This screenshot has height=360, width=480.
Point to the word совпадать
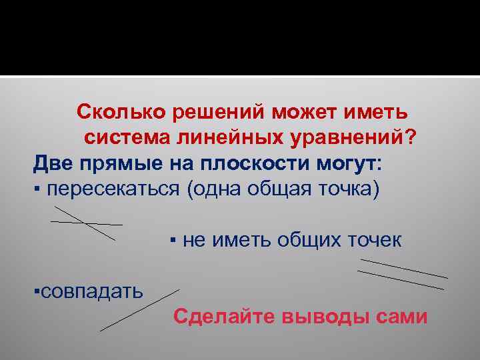[x=90, y=291]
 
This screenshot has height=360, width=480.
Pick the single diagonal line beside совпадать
[x=140, y=310]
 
